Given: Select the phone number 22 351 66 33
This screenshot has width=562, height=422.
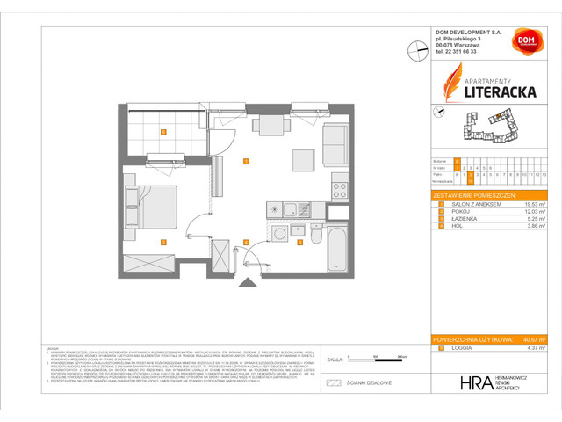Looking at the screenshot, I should (x=463, y=52).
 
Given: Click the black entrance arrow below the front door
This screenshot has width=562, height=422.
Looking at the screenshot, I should (x=247, y=281).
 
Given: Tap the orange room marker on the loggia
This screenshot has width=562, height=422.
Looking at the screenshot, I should (x=162, y=133).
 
